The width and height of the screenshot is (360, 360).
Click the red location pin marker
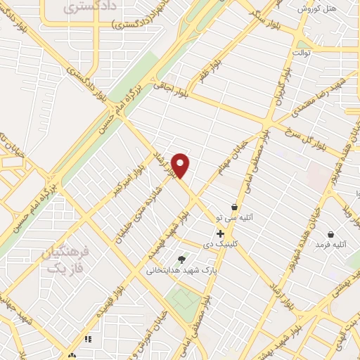click(181, 165)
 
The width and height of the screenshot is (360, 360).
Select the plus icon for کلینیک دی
click(221, 233)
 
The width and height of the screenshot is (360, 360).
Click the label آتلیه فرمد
click(331, 244)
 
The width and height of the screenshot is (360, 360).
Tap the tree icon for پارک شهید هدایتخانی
click(182, 259)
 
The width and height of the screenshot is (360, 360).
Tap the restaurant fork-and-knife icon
click(88, 339)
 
